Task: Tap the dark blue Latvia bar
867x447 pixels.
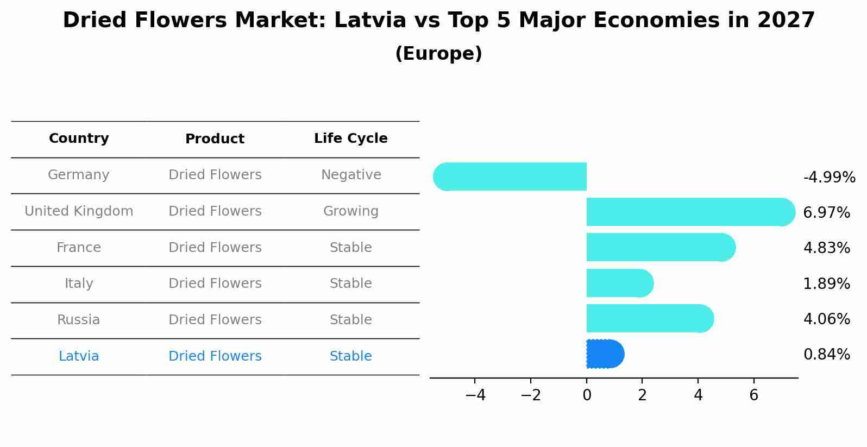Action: point(605,354)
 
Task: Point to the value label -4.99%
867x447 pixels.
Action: point(829,178)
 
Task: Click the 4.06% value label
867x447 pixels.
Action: point(826,319)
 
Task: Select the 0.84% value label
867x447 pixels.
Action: point(826,355)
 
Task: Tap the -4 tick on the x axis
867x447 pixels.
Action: point(475,395)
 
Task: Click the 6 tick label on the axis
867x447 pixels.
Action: point(753,395)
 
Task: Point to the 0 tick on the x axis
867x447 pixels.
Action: point(587,395)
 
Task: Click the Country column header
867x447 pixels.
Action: point(79,138)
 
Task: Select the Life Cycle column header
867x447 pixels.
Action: point(350,138)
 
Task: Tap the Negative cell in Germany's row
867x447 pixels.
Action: point(351,175)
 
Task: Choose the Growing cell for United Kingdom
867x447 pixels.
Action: point(351,211)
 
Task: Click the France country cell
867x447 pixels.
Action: point(79,248)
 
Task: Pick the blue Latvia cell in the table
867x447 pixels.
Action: point(79,356)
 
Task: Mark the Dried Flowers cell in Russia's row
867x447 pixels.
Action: point(215,320)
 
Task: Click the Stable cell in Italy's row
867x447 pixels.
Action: point(351,284)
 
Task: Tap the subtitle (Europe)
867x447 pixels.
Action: point(438,54)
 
